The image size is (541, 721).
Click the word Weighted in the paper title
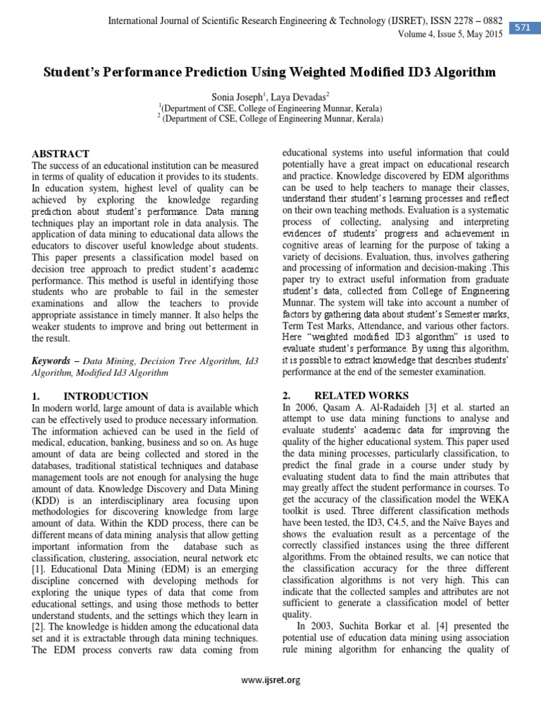click(323, 73)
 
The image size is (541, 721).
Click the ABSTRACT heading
click(61, 153)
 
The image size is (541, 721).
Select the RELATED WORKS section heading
click(361, 396)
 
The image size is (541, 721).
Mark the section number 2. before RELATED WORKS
click(286, 396)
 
